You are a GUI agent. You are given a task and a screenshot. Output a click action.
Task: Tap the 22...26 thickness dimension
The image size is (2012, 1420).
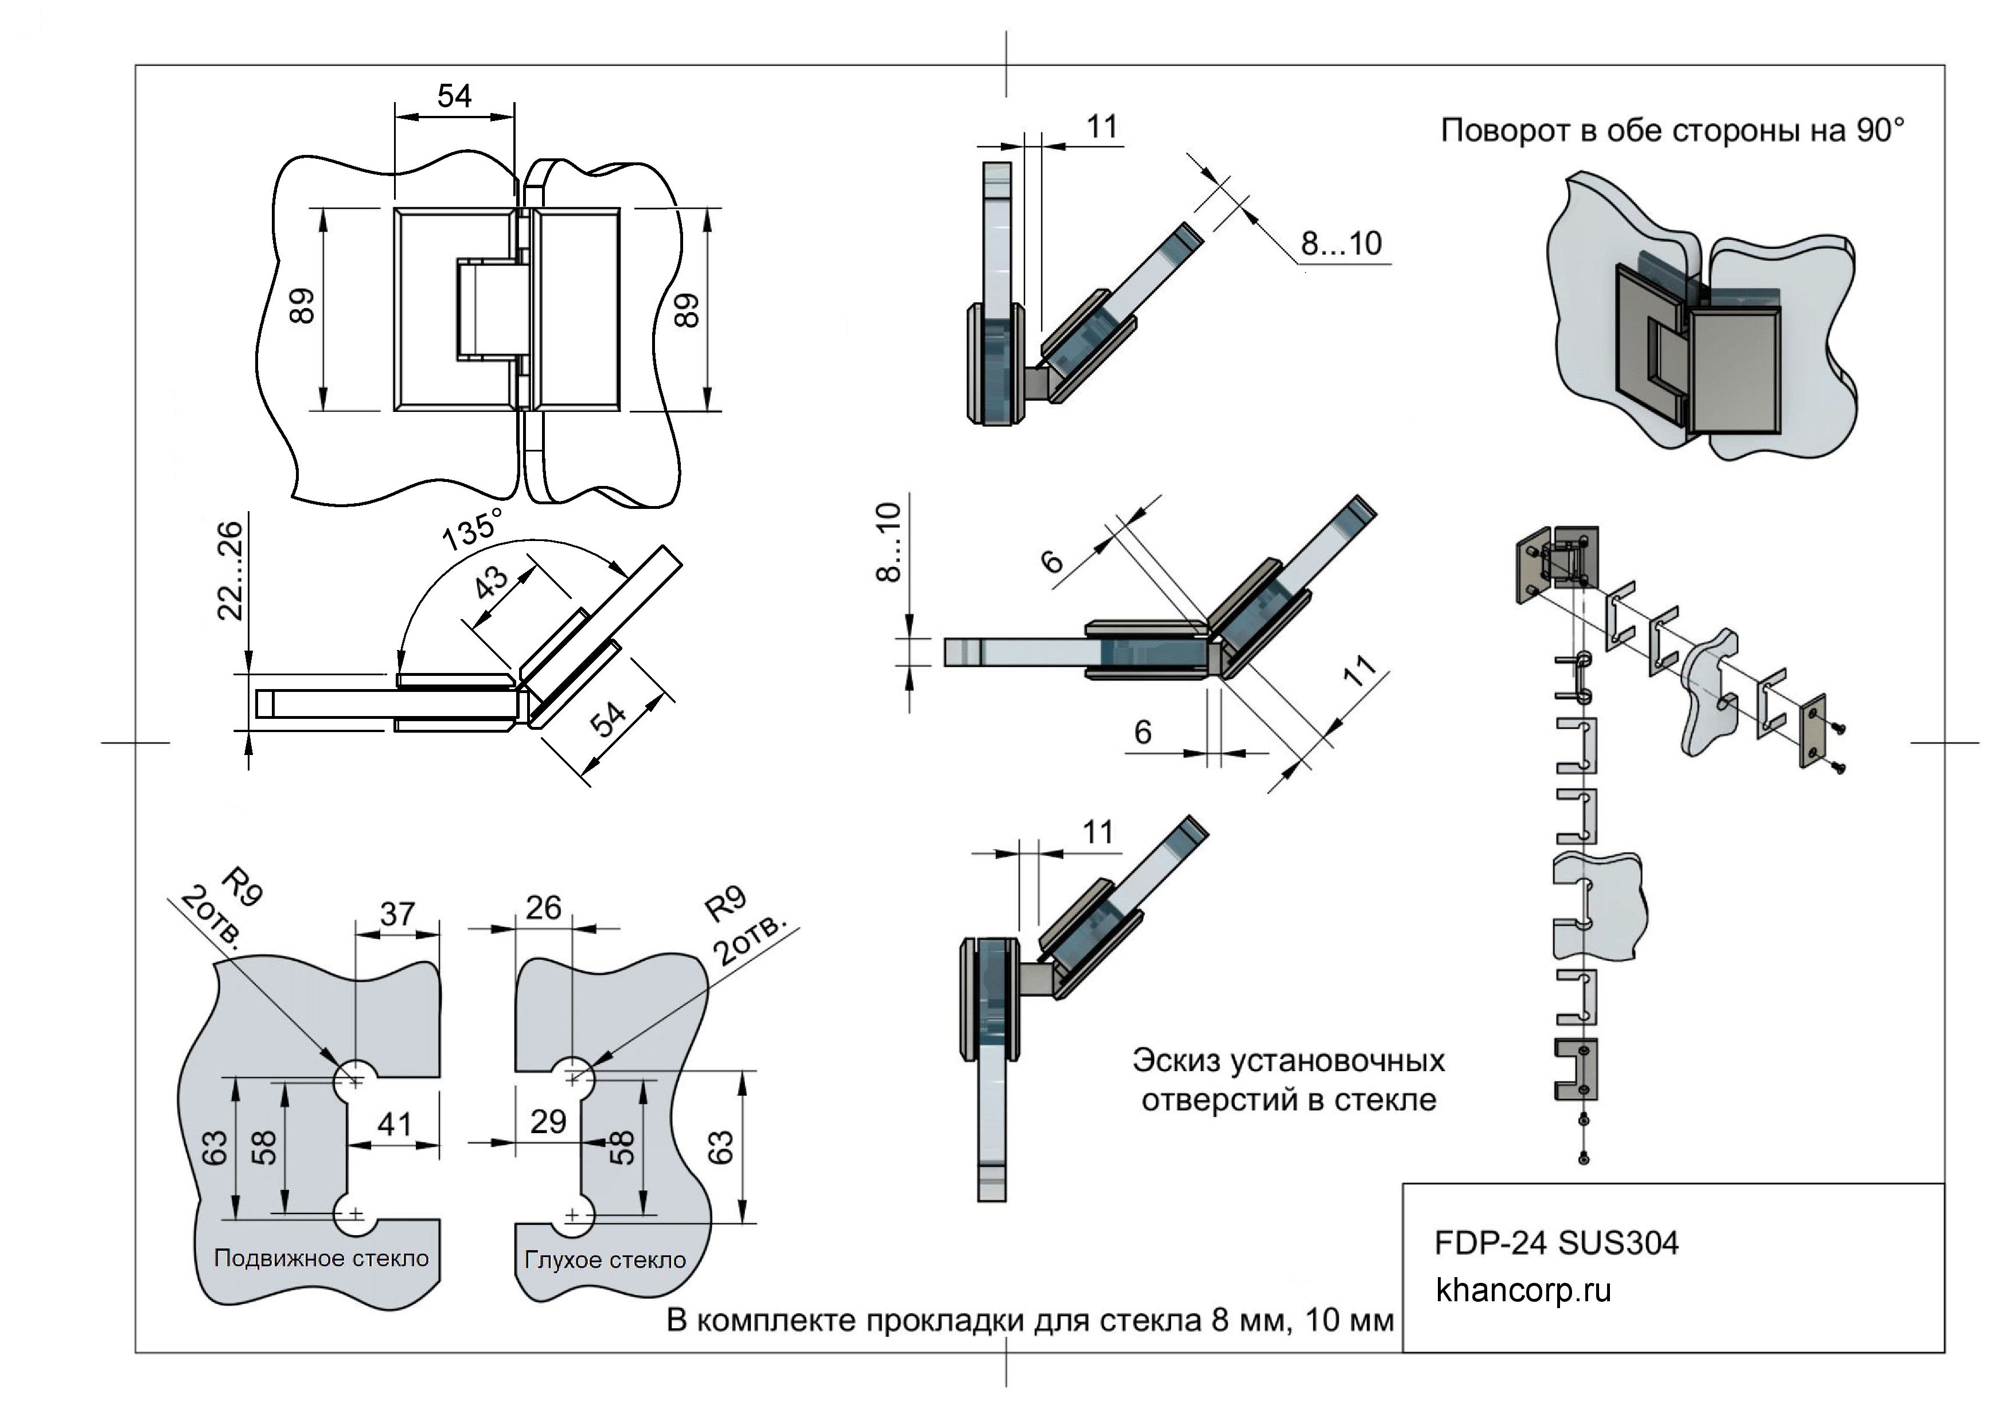229,571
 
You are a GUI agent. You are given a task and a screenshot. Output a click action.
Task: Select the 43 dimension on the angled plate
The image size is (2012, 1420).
491,582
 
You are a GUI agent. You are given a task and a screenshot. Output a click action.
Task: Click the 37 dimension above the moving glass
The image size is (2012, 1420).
397,914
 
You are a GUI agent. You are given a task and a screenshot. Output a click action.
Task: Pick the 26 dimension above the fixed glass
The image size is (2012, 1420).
543,908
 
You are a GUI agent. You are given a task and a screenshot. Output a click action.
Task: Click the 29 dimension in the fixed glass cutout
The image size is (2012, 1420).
548,1122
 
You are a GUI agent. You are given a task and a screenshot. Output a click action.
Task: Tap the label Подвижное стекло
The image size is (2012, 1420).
322,1259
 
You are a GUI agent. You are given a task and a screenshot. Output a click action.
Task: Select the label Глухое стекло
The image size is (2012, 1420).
605,1261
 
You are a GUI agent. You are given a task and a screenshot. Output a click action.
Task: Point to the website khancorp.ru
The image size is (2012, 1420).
1523,1290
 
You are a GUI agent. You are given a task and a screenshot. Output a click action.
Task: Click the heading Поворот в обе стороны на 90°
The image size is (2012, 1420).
1672,131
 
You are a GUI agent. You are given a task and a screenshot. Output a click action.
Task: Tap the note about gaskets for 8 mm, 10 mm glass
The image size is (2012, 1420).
1030,1320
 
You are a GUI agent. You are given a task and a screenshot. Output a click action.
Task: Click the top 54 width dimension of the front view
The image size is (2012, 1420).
454,96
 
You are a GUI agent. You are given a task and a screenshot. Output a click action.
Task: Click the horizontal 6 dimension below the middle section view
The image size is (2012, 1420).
1143,732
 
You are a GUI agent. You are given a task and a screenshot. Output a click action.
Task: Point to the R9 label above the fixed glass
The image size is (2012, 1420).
726,903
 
